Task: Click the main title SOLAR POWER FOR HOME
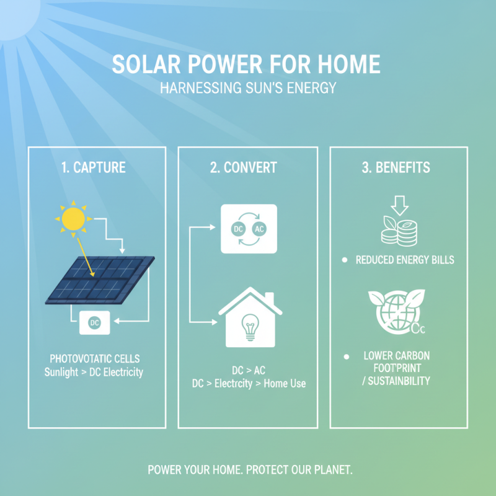246,65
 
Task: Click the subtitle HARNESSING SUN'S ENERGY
247,88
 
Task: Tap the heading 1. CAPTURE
94,167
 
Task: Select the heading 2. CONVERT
246,167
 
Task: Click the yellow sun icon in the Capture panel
73,218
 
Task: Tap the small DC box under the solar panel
94,322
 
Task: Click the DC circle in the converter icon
237,228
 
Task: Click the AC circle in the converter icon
259,228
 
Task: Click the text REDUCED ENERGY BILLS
404,260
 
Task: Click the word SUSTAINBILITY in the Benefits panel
399,380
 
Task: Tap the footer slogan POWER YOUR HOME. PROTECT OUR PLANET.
250,470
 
